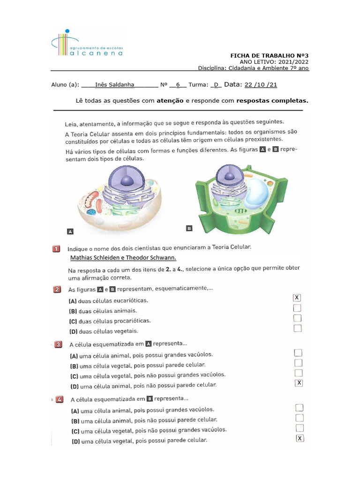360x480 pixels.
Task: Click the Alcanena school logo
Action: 87,45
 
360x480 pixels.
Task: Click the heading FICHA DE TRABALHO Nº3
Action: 269,55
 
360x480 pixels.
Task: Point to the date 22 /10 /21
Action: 261,85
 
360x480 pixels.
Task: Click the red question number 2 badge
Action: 56,290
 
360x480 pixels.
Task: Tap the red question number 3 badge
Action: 58,345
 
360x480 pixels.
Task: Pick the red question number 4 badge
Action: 60,400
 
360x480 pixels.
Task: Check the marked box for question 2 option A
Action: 297,298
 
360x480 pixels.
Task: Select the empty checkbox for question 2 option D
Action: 297,328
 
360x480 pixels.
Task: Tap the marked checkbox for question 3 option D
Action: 299,383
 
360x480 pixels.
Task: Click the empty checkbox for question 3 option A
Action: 298,353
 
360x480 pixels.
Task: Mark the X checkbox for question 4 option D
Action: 300,438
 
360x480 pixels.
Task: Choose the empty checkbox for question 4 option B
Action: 300,418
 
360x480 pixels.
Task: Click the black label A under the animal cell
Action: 70,231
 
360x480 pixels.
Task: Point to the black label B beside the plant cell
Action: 189,228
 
